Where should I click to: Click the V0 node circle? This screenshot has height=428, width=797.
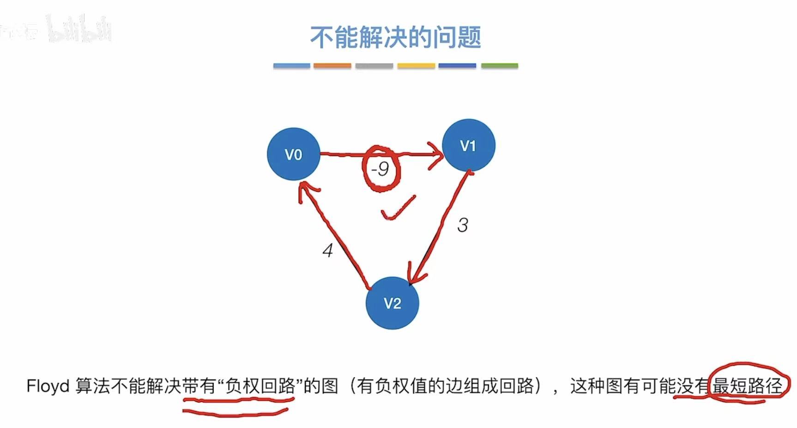click(x=293, y=154)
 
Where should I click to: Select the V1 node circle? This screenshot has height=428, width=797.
click(x=468, y=146)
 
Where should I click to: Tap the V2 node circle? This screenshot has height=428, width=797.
click(x=392, y=303)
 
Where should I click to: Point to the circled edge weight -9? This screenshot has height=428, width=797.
click(x=380, y=169)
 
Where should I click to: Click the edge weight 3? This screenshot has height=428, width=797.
click(x=462, y=225)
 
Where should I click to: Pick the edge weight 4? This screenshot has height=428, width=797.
click(x=327, y=251)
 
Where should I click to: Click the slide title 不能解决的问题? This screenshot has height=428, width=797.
click(x=395, y=37)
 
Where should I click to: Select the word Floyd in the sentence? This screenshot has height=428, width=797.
click(x=48, y=386)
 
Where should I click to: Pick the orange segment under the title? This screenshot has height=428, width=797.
click(x=332, y=66)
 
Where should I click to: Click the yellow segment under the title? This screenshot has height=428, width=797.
click(x=416, y=66)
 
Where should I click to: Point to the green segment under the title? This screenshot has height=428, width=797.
click(x=499, y=66)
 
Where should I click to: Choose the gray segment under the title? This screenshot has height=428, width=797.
click(x=374, y=66)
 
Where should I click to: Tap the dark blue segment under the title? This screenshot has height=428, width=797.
click(x=457, y=66)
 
